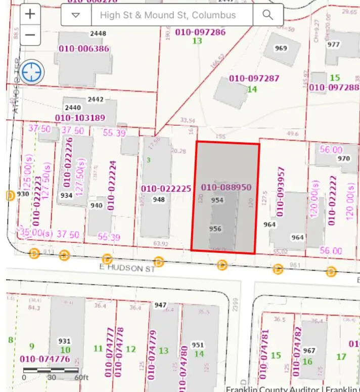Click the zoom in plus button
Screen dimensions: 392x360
pos(30,14)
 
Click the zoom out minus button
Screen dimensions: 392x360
pos(30,35)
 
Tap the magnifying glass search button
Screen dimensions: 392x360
pos(267,15)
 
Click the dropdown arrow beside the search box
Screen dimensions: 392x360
pos(76,15)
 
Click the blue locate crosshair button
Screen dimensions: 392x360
pos(32,72)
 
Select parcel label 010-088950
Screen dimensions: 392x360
pos(226,188)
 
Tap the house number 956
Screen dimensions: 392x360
pos(215,229)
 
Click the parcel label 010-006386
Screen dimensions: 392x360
pos(84,49)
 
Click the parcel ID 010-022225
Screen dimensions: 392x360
pos(166,189)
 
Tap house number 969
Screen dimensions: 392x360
pos(281,49)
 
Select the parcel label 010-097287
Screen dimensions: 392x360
pos(254,78)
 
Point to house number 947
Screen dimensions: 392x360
pos(160,304)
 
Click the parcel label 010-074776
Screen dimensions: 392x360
pos(45,359)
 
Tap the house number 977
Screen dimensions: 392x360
pos(333,44)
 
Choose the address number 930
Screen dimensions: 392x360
pos(23,194)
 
